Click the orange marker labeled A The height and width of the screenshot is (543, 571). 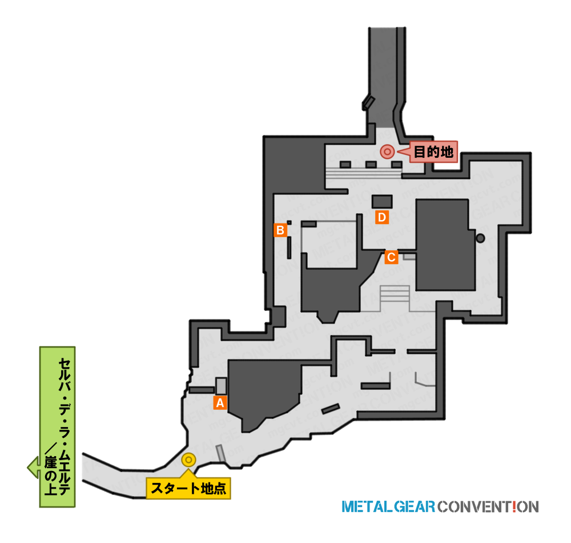click(220, 403)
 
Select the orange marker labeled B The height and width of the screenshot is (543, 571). click(280, 230)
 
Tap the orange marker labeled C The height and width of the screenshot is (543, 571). click(391, 257)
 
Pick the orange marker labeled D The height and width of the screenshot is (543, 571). click(381, 217)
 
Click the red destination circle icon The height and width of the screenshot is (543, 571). click(387, 151)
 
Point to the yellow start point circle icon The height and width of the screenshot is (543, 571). click(188, 460)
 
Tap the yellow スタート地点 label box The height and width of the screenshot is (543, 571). click(188, 488)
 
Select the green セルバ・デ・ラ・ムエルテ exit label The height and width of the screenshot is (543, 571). click(57, 427)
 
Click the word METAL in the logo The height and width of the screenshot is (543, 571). click(367, 507)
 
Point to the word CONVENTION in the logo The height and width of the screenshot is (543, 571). click(488, 507)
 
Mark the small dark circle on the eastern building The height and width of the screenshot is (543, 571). click(480, 238)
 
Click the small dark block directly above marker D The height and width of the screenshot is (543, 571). click(382, 202)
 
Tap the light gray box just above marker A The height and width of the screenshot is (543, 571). click(221, 386)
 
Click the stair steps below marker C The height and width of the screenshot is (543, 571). click(395, 294)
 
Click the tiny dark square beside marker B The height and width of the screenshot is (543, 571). click(289, 222)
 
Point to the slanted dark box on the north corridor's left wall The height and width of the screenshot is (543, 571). click(368, 103)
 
